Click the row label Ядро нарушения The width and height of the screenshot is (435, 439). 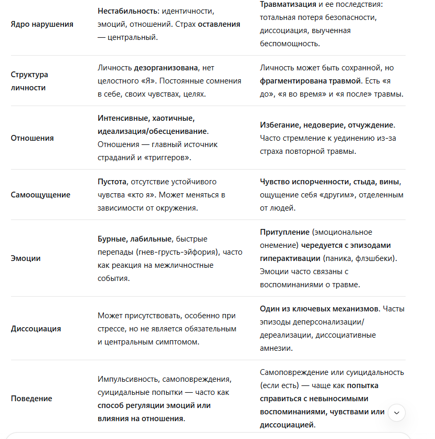tap(42, 24)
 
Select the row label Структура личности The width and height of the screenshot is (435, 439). tap(29, 81)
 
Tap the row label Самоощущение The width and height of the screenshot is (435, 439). tap(40, 195)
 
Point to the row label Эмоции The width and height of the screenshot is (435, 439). tap(26, 258)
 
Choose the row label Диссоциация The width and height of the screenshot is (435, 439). tap(36, 329)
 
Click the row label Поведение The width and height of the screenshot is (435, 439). tap(31, 399)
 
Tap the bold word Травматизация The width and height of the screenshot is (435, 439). tap(288, 4)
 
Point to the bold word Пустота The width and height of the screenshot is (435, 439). tap(112, 182)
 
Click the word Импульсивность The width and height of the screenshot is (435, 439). tap(128, 379)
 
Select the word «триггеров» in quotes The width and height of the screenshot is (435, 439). tap(167, 157)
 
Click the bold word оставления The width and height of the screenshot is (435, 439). tap(219, 24)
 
